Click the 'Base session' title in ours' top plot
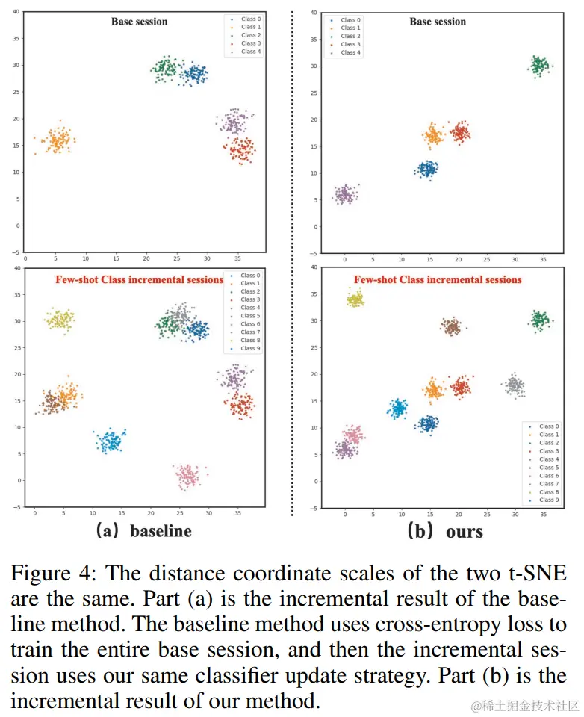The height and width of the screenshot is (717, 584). [x=437, y=22]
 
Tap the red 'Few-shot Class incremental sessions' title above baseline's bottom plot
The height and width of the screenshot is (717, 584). [x=139, y=279]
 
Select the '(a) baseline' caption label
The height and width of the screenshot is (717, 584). [x=143, y=531]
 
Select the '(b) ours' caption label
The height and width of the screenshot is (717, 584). [x=444, y=532]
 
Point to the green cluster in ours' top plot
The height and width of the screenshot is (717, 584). [x=538, y=66]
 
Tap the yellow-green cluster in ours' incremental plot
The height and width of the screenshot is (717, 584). [x=355, y=299]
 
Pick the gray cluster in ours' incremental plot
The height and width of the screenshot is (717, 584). [x=514, y=385]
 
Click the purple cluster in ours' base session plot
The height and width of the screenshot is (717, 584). [x=344, y=195]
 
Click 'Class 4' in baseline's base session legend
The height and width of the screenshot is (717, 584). [x=250, y=52]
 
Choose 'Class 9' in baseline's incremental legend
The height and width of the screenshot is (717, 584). [x=249, y=349]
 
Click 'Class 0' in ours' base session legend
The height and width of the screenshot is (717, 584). [x=350, y=20]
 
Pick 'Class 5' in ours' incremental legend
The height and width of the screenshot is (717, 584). [x=547, y=468]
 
